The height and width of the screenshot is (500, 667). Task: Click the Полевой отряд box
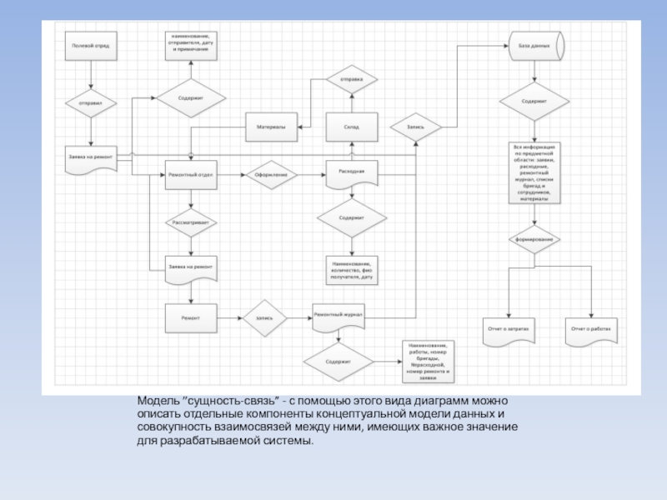(x=91, y=46)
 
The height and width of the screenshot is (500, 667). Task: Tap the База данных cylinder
(x=534, y=45)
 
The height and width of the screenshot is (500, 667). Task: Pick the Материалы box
(x=271, y=127)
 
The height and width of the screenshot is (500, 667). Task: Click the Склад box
(x=351, y=127)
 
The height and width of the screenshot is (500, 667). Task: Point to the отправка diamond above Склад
(x=351, y=80)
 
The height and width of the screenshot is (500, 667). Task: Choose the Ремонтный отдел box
(x=192, y=174)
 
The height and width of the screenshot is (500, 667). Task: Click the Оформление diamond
(x=271, y=174)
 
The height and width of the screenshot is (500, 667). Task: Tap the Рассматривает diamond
(x=192, y=222)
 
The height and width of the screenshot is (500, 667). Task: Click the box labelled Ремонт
(x=191, y=317)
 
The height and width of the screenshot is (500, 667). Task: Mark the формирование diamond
(x=534, y=240)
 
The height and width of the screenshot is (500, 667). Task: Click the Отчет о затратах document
(x=509, y=330)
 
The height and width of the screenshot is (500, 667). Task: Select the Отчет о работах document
(x=591, y=330)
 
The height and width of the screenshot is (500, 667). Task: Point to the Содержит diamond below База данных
(x=534, y=102)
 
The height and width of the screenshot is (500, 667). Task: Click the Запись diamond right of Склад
(x=416, y=127)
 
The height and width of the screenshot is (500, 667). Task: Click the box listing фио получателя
(x=351, y=270)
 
